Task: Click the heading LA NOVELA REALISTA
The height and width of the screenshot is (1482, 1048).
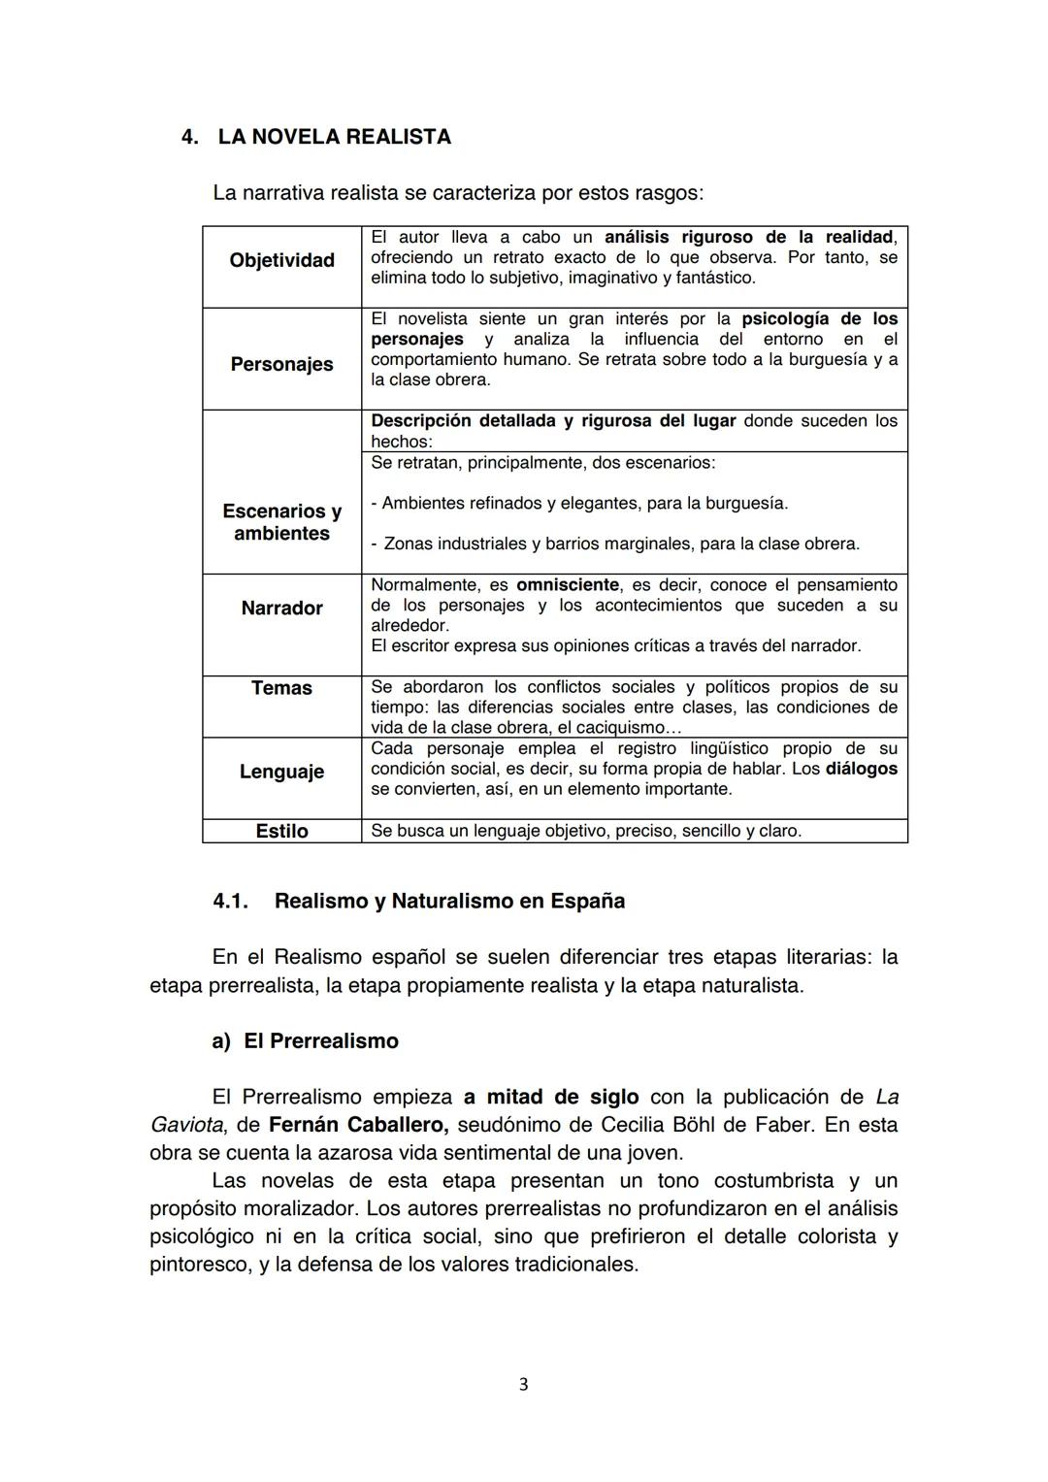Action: (334, 137)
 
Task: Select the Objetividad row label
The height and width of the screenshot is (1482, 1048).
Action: (281, 260)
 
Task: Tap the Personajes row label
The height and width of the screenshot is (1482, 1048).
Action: (281, 364)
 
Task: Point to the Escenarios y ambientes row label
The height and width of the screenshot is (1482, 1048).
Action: (281, 522)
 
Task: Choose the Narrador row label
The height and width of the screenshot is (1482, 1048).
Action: (281, 609)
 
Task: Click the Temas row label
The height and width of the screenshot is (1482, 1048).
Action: (281, 688)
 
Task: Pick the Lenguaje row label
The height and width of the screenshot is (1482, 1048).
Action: (281, 772)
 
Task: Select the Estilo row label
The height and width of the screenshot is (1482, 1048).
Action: (281, 831)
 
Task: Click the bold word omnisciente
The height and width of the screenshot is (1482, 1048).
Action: (568, 585)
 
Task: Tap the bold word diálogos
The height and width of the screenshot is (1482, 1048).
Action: (862, 769)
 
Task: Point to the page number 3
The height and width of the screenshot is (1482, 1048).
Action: (524, 1384)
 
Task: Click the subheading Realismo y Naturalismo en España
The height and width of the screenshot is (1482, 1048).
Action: (449, 901)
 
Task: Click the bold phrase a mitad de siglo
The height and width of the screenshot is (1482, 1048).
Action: (551, 1098)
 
